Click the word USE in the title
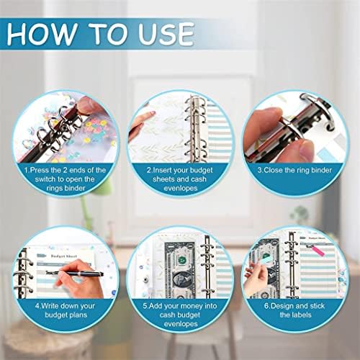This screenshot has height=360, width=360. [166, 34]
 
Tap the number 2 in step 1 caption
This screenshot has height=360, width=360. [66, 170]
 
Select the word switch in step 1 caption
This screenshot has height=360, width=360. [45, 179]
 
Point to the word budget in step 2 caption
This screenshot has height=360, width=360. [200, 171]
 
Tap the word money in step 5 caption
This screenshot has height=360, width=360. [192, 306]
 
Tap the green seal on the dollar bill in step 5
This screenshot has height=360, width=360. [182, 258]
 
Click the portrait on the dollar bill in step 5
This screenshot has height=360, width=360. [181, 280]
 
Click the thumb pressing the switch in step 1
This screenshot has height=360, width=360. [84, 105]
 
